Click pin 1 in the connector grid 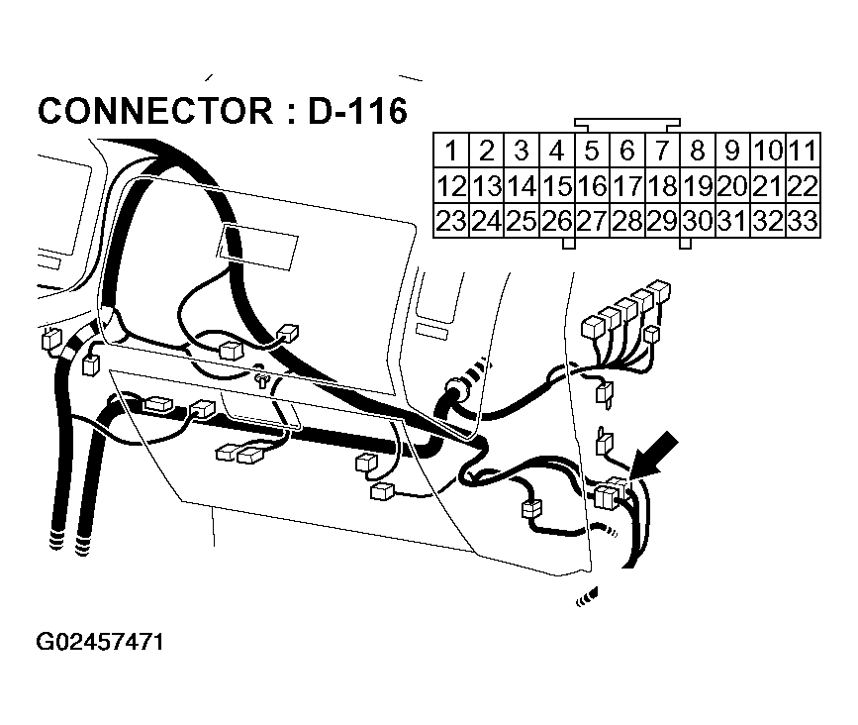point(451,152)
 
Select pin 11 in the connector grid point(804,152)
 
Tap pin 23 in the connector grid point(451,221)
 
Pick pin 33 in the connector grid point(804,221)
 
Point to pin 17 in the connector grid point(627,186)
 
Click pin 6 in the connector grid point(627,152)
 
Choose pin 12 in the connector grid point(451,186)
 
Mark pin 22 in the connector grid point(804,186)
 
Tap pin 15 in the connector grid point(557,186)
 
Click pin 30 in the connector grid point(698,221)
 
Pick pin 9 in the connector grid point(733,152)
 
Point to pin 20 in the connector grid point(733,186)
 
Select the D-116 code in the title point(357,111)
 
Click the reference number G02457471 point(99,642)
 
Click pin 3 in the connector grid point(522,152)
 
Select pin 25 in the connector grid point(522,221)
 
